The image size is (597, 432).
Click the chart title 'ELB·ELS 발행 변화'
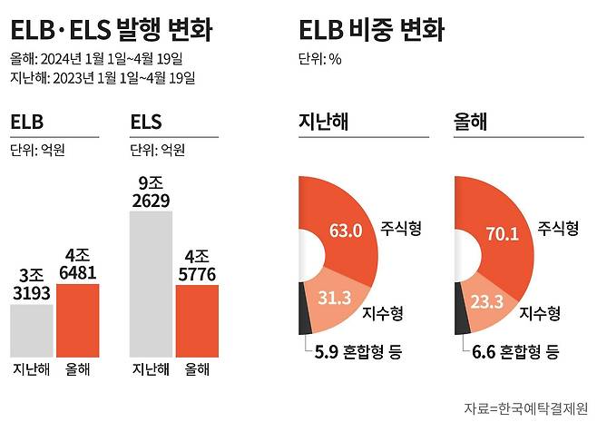point(112,31)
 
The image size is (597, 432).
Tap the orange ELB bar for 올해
point(77,319)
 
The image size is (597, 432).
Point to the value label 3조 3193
point(32,283)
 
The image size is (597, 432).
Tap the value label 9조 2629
point(151,192)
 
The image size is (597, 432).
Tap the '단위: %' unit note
point(321,60)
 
